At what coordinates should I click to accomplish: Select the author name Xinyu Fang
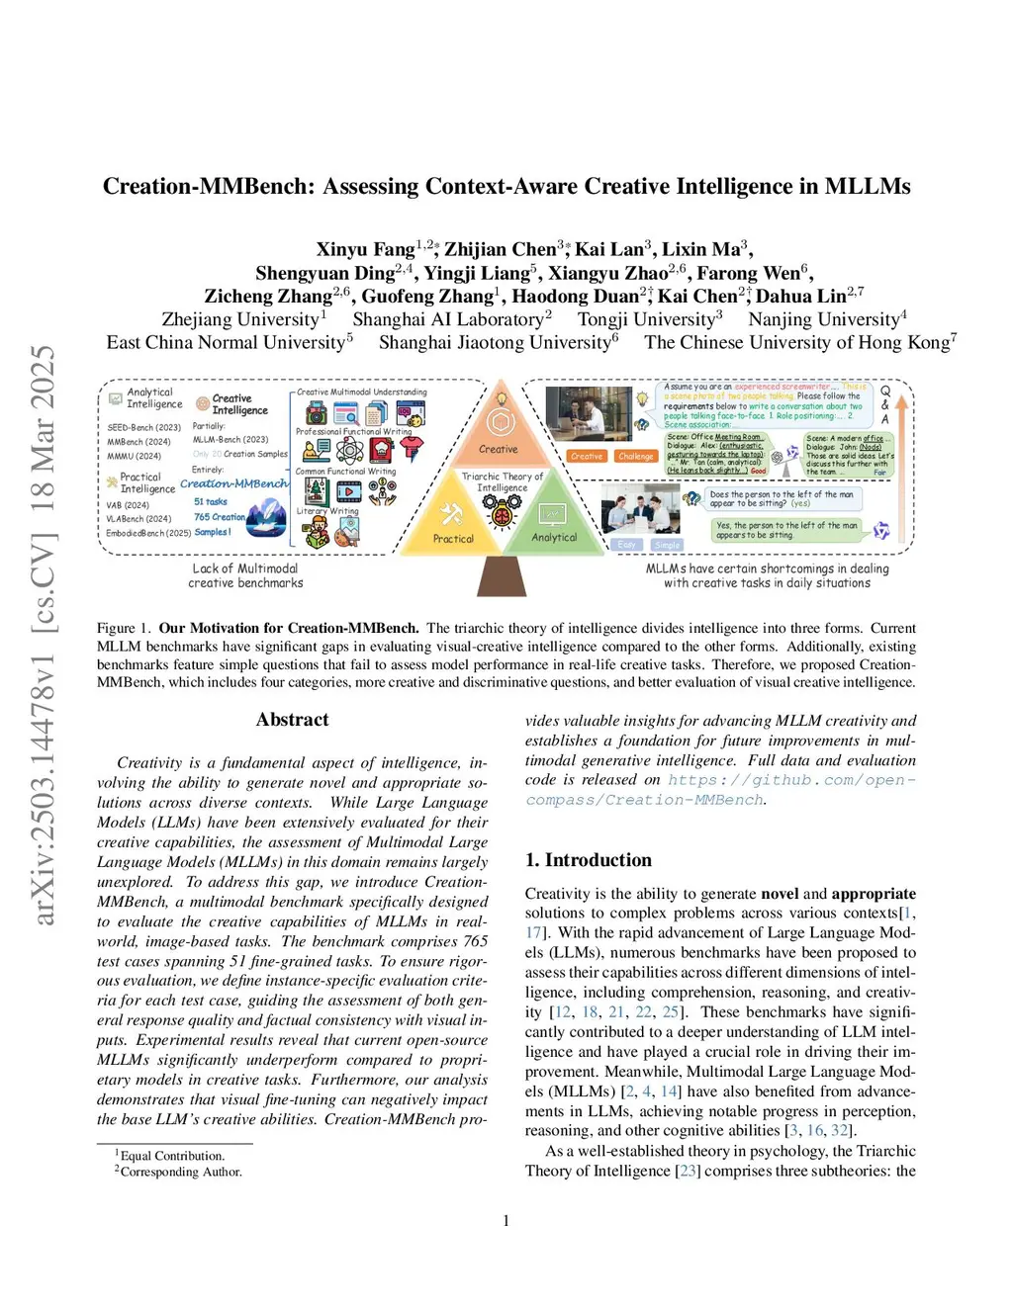[365, 249]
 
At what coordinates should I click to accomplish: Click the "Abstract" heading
[292, 720]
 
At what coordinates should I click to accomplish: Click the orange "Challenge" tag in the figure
[635, 456]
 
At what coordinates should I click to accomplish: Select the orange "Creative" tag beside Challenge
[587, 456]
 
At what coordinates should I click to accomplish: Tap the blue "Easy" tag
[626, 545]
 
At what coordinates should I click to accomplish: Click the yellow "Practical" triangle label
[453, 539]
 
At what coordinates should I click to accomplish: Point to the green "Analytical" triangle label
[554, 538]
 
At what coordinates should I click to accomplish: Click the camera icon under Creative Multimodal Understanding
[317, 413]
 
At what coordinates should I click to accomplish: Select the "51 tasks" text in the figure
[211, 502]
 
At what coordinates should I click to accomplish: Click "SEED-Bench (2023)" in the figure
[144, 428]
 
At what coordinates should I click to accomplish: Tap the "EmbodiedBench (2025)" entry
[148, 533]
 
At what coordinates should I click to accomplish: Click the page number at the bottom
[506, 1221]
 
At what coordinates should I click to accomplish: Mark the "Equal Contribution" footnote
[172, 1156]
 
